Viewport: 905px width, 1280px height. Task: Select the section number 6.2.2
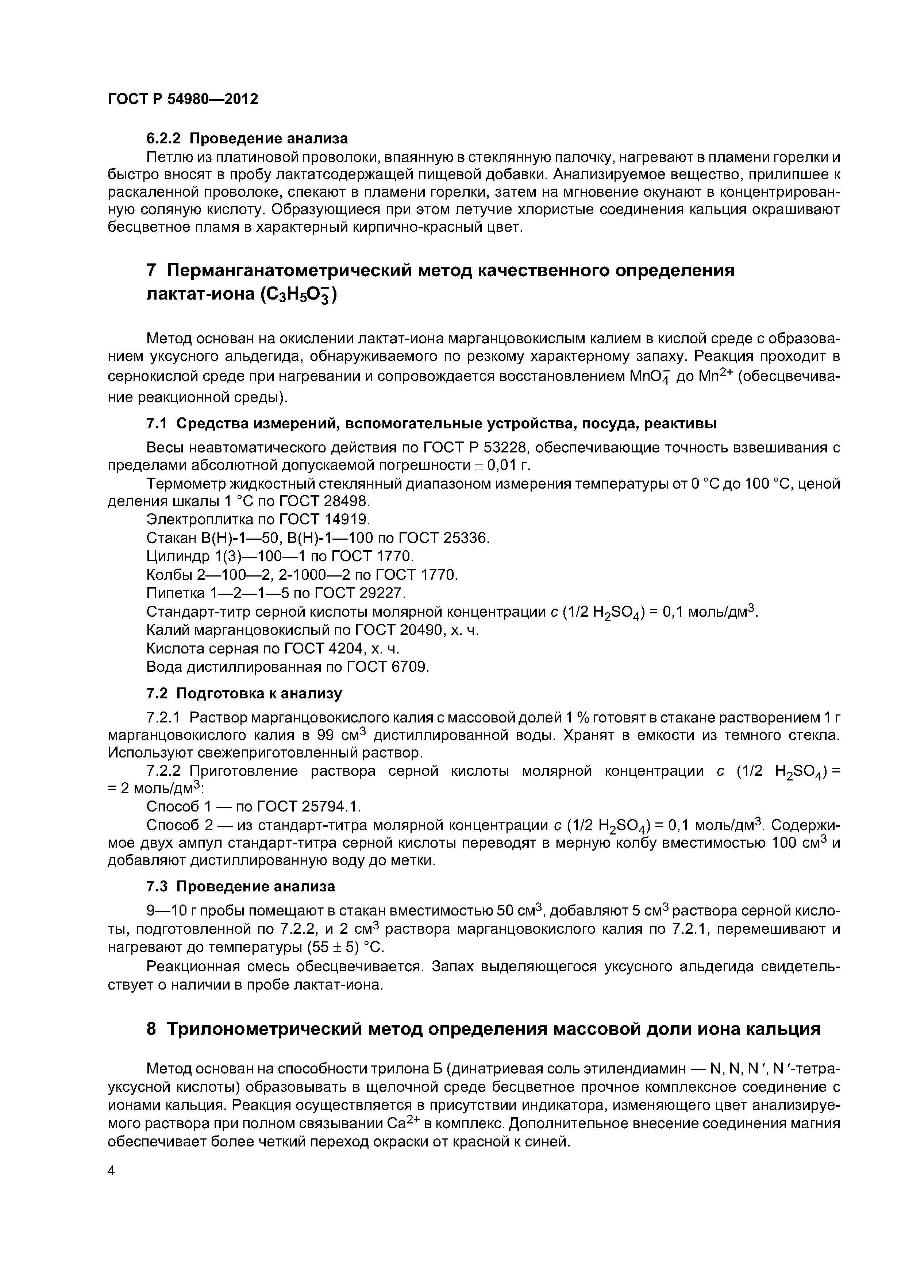(x=165, y=138)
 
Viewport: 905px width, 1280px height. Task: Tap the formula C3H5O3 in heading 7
(x=298, y=295)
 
